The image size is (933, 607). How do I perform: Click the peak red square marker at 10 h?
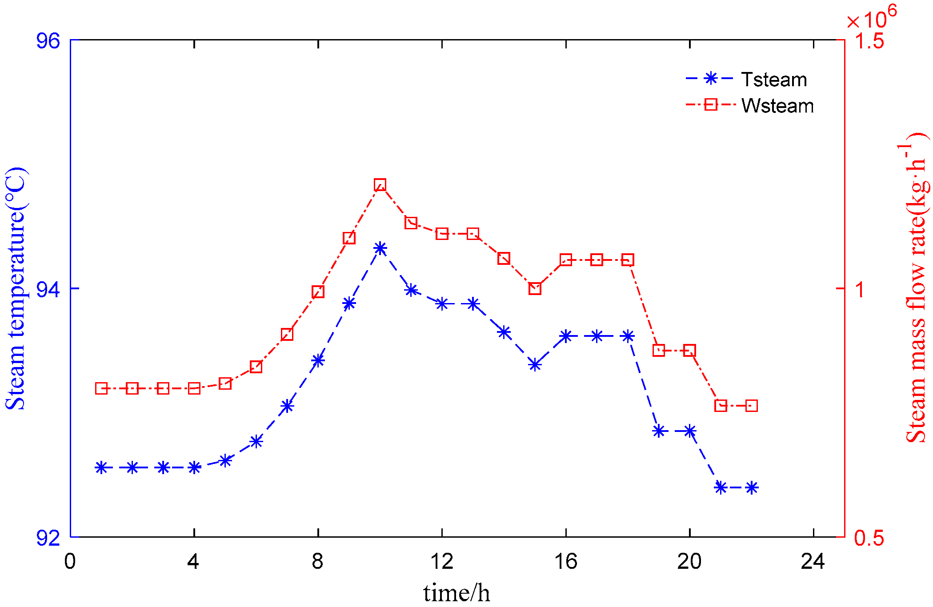click(x=380, y=185)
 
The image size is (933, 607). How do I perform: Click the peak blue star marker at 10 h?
click(x=380, y=248)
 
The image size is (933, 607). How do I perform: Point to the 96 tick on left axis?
click(x=48, y=41)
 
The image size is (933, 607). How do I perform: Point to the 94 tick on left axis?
click(x=48, y=289)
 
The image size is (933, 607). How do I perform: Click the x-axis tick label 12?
click(x=442, y=562)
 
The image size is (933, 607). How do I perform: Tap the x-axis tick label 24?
click(x=813, y=562)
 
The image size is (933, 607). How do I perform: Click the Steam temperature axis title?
click(x=16, y=289)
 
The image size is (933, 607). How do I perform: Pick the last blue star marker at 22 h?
click(x=752, y=488)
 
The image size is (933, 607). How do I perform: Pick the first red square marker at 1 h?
click(x=101, y=388)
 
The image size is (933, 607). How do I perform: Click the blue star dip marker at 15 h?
click(x=535, y=365)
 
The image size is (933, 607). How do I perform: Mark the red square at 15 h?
click(x=535, y=288)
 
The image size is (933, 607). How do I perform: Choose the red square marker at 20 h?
click(x=689, y=351)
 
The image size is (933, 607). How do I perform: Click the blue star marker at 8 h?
click(x=318, y=360)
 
